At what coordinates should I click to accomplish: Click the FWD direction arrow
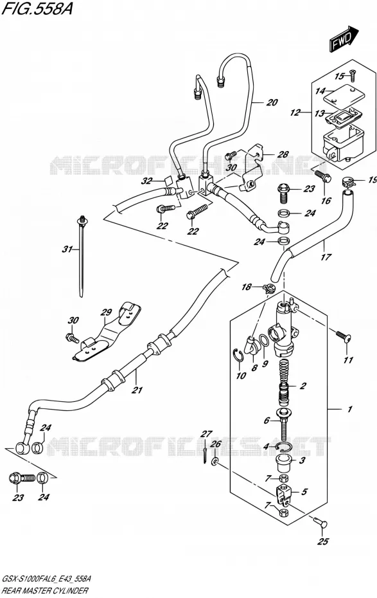point(344,39)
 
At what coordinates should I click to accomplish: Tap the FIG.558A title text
point(37,8)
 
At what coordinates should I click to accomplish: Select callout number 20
point(272,102)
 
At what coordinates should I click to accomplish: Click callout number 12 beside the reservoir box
point(295,113)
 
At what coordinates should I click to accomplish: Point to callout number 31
point(67,249)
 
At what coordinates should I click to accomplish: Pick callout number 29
point(106,313)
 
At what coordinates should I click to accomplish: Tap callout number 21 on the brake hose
point(137,390)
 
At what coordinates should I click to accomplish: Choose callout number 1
point(349,409)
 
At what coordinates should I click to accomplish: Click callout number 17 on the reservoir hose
point(326,257)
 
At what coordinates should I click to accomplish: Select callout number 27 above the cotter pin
point(206,433)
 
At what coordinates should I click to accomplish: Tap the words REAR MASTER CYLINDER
point(45,591)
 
